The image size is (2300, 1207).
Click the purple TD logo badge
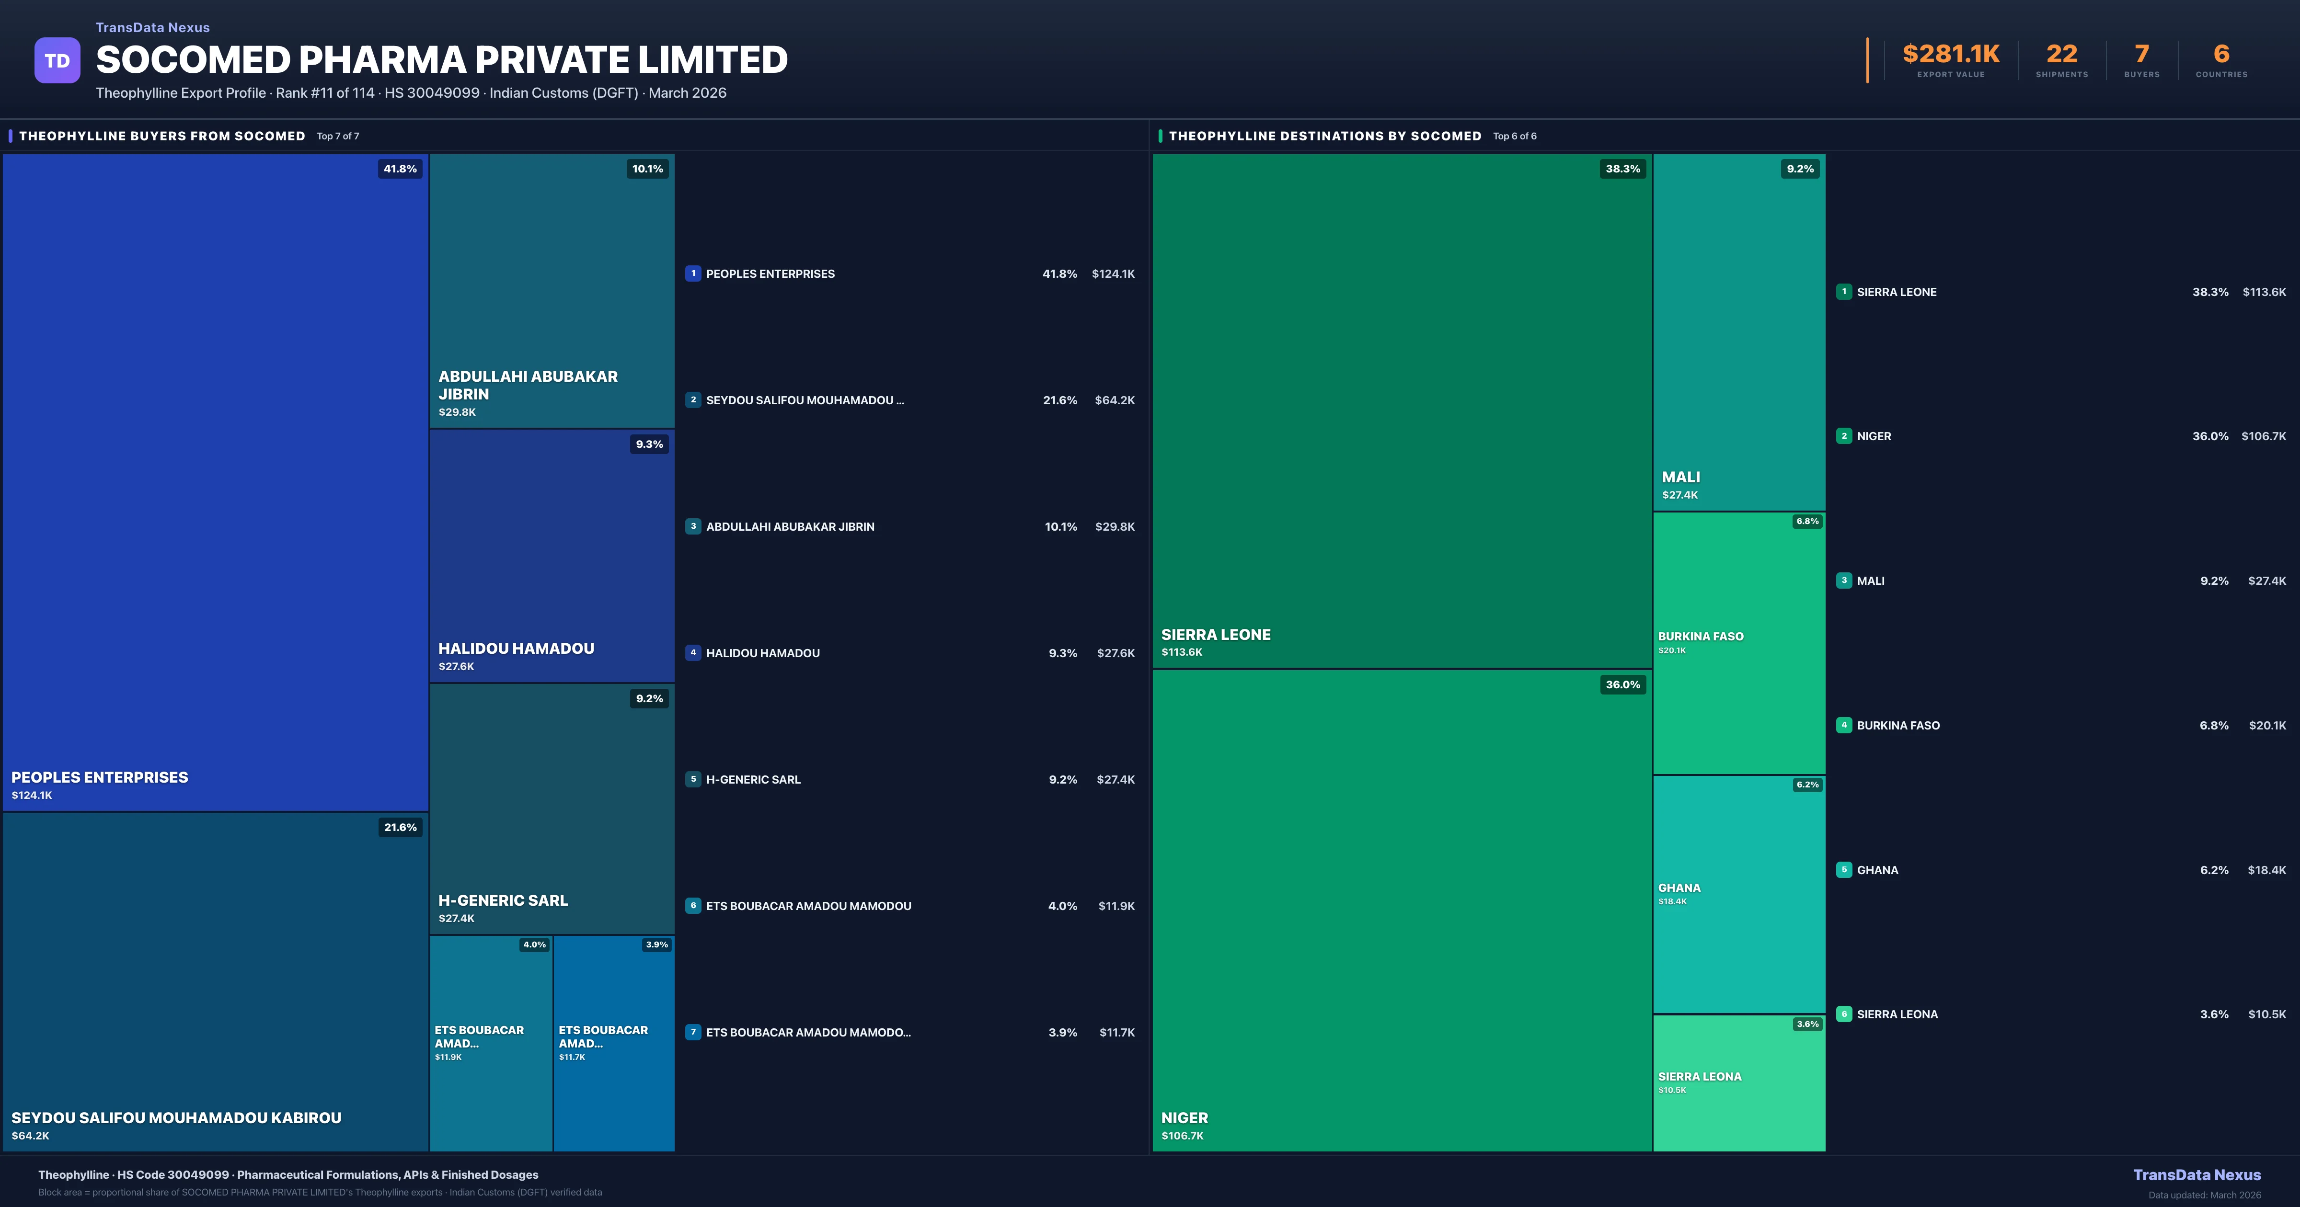click(57, 61)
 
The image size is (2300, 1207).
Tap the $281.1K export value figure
click(1950, 55)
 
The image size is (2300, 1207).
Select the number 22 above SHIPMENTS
click(2061, 55)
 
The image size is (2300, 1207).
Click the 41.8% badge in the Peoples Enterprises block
click(400, 169)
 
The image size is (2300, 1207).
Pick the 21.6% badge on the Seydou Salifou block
click(400, 828)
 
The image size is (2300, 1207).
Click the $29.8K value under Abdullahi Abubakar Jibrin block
click(457, 412)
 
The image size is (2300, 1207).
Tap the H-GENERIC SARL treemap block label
click(503, 901)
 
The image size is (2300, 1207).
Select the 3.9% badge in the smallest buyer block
click(656, 945)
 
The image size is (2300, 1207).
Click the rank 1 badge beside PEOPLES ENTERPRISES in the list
click(693, 274)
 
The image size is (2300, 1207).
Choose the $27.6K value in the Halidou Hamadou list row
click(1115, 653)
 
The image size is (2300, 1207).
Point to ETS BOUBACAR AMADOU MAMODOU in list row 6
click(808, 906)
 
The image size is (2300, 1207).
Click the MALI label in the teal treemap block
click(1680, 478)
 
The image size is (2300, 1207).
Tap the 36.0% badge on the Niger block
click(1622, 685)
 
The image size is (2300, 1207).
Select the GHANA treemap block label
click(1679, 888)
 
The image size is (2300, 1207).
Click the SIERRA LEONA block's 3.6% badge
click(1807, 1024)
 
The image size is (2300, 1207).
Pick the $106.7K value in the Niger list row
click(2264, 436)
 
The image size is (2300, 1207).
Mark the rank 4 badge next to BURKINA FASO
click(1844, 725)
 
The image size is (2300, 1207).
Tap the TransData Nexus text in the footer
click(2196, 1175)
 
